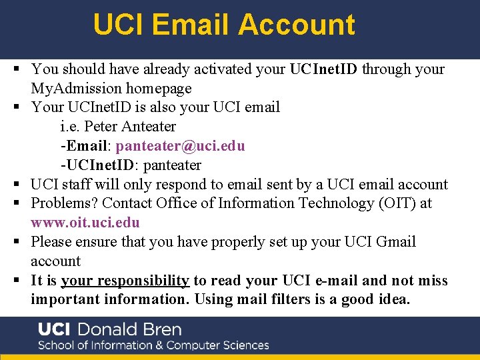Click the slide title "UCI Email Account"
pos(224,25)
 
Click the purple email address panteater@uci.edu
pos(180,145)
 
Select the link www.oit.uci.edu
pos(85,222)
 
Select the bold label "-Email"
pos(83,145)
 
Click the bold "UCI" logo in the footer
pos(55,329)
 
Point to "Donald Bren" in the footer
pos(129,329)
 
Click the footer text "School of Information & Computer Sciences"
pos(153,345)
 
